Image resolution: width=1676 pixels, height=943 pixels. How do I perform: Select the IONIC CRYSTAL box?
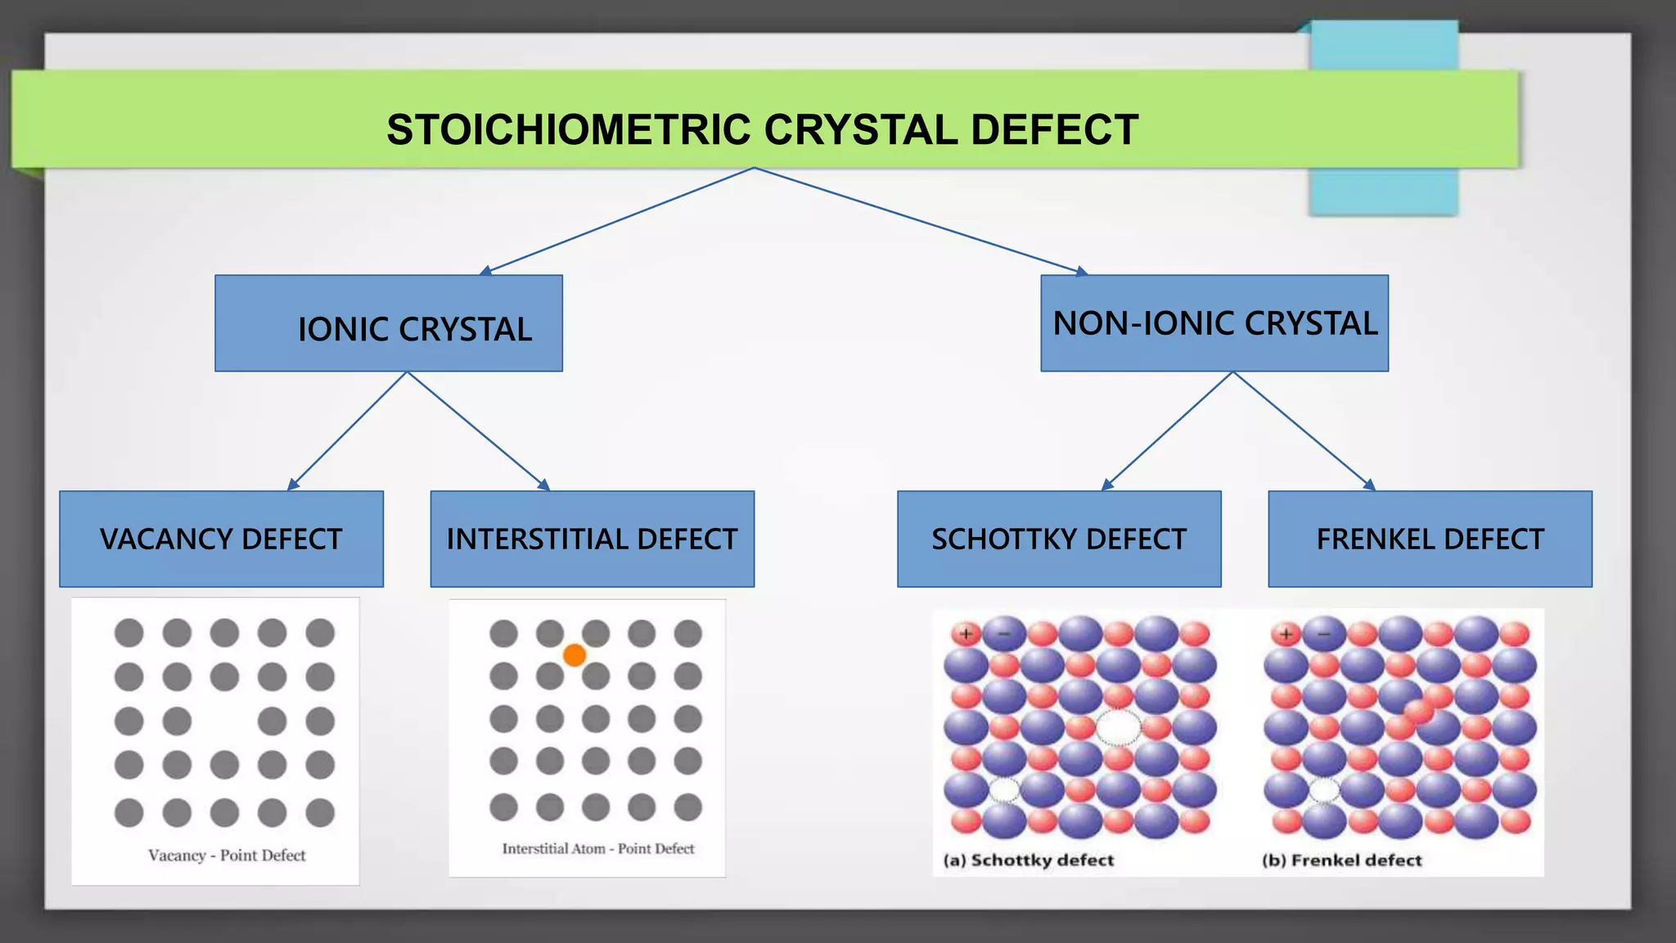pos(389,324)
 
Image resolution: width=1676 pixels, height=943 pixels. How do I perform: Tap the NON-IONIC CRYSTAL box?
pos(1214,323)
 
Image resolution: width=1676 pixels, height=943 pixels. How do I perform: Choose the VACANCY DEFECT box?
pos(221,539)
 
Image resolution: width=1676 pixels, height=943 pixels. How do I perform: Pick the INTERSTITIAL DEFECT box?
pos(592,539)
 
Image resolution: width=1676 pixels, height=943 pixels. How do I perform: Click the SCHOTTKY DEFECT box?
pos(1059,539)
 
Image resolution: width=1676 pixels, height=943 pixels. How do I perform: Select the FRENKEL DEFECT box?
pos(1430,539)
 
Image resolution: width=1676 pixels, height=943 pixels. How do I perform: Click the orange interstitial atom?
pos(574,655)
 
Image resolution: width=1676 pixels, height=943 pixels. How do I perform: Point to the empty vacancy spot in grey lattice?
pos(224,721)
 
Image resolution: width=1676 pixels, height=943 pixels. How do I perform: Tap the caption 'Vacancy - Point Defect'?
pos(227,855)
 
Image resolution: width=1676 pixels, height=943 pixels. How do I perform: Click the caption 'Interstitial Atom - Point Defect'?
pos(597,849)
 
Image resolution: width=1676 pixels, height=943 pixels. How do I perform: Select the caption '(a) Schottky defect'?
pos(1029,860)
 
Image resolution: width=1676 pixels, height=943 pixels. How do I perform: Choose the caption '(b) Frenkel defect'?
pos(1341,860)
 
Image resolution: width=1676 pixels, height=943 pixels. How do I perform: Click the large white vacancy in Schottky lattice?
pos(1118,727)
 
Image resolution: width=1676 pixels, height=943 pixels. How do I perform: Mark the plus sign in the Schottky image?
pos(966,634)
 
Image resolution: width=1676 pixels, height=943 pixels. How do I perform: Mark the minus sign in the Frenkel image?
pos(1324,634)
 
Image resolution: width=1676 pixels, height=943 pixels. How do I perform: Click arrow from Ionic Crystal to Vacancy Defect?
pos(348,431)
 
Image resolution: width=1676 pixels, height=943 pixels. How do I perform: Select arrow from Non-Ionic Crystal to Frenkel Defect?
pos(1303,431)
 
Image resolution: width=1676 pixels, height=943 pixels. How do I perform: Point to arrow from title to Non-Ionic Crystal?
pos(921,220)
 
